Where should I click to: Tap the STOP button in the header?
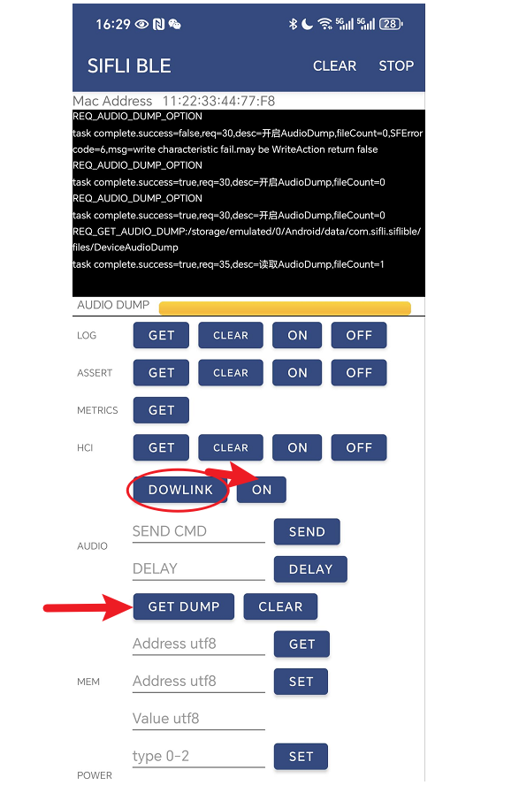pos(396,65)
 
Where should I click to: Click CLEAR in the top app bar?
pos(334,65)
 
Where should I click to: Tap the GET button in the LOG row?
pos(161,335)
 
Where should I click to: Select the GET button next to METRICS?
pos(161,410)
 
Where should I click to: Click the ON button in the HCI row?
pos(297,447)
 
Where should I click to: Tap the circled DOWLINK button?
pos(180,490)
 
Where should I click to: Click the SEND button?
pos(307,531)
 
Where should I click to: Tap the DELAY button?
pos(310,569)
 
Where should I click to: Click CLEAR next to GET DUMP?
pos(280,606)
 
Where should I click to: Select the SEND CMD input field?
pos(199,531)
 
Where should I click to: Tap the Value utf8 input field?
pos(199,719)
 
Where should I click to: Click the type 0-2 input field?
pos(199,757)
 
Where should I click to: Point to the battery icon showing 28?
pos(391,24)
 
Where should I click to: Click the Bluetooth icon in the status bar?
pos(293,24)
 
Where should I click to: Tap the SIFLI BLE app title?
pos(129,65)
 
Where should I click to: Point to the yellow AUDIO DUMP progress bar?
pos(285,308)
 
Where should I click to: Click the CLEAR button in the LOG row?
pos(231,335)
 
